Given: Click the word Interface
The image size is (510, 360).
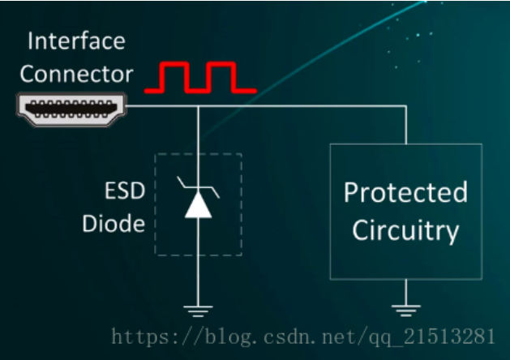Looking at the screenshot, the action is [x=76, y=41].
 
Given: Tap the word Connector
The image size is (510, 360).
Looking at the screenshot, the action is [x=76, y=74].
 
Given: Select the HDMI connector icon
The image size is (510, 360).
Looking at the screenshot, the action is [x=71, y=109].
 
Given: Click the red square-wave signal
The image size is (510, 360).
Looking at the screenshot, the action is [x=201, y=77].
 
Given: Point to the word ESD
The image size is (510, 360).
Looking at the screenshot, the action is [x=125, y=191].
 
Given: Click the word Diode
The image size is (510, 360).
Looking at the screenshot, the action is [x=114, y=224].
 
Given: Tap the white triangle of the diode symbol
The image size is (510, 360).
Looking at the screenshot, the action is [x=198, y=205].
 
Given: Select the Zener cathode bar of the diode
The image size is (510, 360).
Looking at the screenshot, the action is [x=198, y=187].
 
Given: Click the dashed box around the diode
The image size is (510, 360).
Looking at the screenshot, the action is [x=155, y=204].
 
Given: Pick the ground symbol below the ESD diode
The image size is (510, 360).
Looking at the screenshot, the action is [x=198, y=311].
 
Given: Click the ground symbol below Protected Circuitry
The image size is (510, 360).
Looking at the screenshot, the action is [x=406, y=311].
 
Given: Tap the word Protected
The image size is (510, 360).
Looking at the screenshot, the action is [x=406, y=192].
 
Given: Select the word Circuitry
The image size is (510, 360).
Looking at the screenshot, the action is [x=405, y=231].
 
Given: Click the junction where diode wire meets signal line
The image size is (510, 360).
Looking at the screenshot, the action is [x=198, y=106].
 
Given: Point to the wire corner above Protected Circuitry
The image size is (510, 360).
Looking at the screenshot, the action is [x=406, y=106].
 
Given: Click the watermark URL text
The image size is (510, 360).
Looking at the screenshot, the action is [x=303, y=336].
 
